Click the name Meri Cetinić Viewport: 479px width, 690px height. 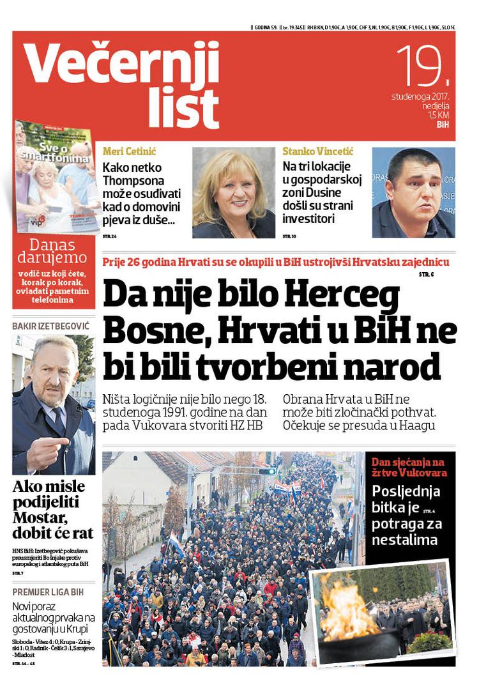(129, 152)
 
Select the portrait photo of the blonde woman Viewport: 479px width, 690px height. (233, 193)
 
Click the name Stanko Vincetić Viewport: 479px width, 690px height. (317, 152)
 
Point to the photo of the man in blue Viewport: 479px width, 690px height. (413, 193)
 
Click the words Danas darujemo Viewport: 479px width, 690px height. (54, 251)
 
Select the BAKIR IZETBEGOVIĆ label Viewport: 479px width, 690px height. (51, 326)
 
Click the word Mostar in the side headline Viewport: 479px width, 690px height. (38, 517)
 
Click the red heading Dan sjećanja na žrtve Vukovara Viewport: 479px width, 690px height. (409, 467)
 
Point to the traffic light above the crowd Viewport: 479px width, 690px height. (267, 471)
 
